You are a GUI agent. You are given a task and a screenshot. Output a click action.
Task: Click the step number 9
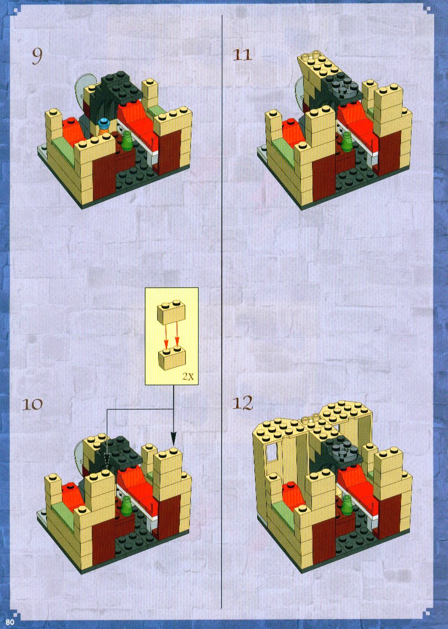37,56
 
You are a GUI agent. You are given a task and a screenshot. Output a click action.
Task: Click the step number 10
32,404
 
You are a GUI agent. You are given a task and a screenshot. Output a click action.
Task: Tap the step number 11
242,55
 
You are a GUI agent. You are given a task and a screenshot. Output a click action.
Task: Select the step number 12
243,403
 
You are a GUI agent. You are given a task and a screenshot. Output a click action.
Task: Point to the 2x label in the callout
188,376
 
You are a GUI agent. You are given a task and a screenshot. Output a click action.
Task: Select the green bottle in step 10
127,505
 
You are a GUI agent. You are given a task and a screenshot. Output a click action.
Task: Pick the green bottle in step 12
347,504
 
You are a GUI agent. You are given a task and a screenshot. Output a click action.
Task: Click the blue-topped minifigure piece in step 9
105,125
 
